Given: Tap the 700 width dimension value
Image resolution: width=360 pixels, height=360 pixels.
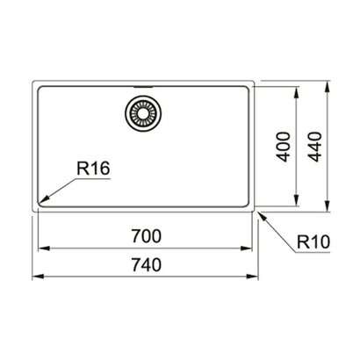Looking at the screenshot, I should pyautogui.click(x=143, y=236).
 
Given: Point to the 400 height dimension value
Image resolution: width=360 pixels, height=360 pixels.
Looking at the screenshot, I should pyautogui.click(x=280, y=145).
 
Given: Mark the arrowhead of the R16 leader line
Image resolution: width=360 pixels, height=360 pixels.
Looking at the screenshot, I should pyautogui.click(x=40, y=204).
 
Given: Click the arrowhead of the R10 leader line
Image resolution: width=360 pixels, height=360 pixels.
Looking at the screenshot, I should pyautogui.click(x=258, y=212).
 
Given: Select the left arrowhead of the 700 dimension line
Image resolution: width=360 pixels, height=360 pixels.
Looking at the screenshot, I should pyautogui.click(x=40, y=248).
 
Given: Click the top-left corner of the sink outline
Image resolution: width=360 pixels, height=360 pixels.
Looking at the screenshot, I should pyautogui.click(x=33, y=83).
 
